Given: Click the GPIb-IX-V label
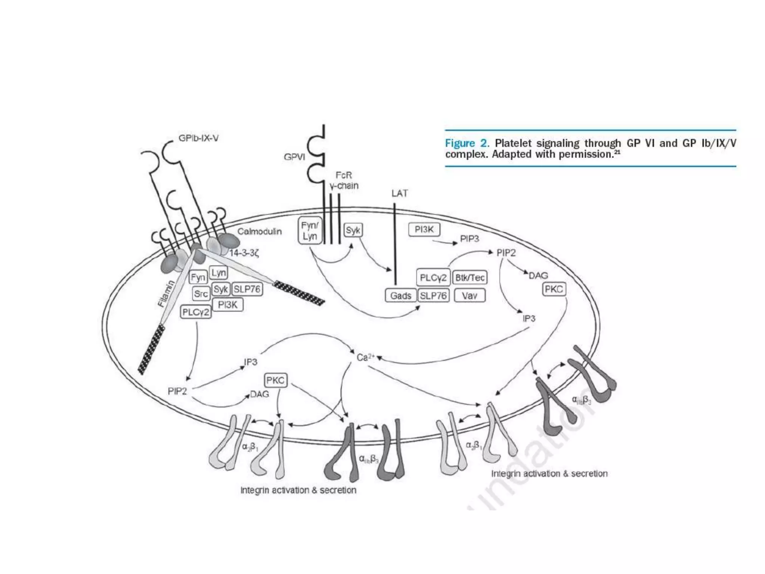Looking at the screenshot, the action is (x=198, y=138).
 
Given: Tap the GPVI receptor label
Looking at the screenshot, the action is (x=294, y=157).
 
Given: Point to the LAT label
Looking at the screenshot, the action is (x=399, y=193).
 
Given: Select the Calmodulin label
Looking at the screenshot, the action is (x=260, y=231).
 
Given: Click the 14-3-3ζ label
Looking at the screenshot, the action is (x=244, y=253).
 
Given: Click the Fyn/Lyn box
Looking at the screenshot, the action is (x=310, y=231).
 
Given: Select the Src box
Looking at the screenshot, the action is (x=201, y=294).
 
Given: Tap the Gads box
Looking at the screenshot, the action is (x=400, y=296).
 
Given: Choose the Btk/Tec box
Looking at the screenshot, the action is (x=470, y=277).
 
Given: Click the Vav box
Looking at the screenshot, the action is (x=470, y=296).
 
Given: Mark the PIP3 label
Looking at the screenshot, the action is (x=469, y=238).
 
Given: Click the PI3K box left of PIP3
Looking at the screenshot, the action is (x=424, y=229).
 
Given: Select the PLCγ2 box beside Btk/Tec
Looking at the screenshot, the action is (x=433, y=277).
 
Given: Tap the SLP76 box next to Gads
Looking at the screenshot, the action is (x=433, y=296).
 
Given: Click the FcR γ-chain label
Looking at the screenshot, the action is (x=344, y=180).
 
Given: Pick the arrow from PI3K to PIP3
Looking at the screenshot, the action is (x=445, y=242).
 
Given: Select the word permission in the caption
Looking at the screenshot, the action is (x=585, y=154).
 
